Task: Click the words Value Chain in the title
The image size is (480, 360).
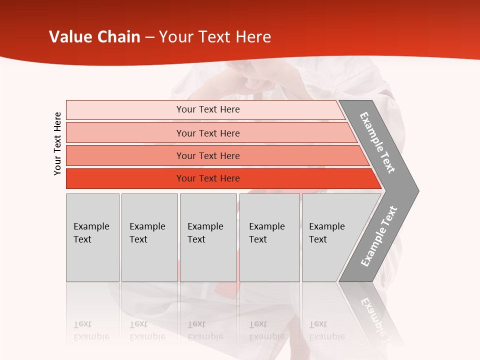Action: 94,37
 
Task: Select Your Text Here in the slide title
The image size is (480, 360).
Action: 215,37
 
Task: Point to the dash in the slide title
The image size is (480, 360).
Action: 149,37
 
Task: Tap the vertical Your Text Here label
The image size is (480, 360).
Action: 57,143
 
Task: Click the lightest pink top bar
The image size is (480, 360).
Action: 207,109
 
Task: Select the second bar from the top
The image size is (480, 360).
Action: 207,133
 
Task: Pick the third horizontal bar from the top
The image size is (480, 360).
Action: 207,155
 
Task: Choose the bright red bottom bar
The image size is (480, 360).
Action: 207,178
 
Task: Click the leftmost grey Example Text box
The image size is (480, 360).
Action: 92,237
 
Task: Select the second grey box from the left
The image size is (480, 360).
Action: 149,237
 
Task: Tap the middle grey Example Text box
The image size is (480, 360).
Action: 207,237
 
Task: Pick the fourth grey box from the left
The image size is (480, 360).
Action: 269,237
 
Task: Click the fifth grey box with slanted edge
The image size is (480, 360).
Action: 330,237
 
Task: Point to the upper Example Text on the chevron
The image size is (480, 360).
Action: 377,142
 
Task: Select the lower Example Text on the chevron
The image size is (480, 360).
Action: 379,236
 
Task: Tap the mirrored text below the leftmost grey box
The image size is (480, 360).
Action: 91,330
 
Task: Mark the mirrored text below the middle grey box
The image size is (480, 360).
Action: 205,330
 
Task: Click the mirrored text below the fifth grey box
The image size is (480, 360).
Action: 326,330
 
